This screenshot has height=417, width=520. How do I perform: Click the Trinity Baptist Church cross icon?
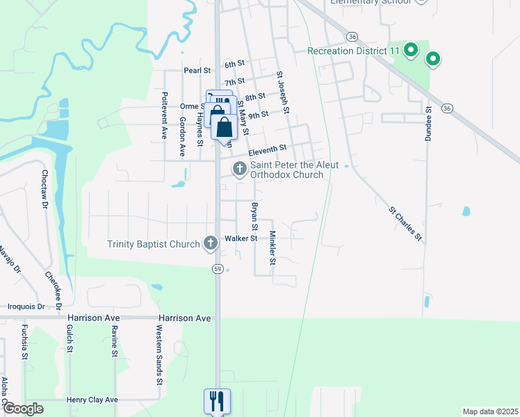pos(211,243)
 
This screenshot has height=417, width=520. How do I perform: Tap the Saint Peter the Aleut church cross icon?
pos(239,168)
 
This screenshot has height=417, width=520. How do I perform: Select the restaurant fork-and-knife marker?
pos(216,400)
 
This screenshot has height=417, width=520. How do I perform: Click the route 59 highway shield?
pos(218,269)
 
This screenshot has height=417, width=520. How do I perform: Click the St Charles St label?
pos(405,222)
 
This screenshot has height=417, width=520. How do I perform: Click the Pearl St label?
pos(197,70)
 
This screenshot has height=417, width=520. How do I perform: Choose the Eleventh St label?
pos(268,149)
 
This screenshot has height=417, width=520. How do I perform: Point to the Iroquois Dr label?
pos(26,306)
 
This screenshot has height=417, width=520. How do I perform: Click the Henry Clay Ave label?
pos(92,400)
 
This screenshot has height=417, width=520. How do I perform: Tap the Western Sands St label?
pos(159,364)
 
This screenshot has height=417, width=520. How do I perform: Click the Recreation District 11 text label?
pos(354,51)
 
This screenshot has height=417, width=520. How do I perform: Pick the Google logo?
pos(23,409)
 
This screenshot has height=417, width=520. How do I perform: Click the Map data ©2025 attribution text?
pos(489,411)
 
